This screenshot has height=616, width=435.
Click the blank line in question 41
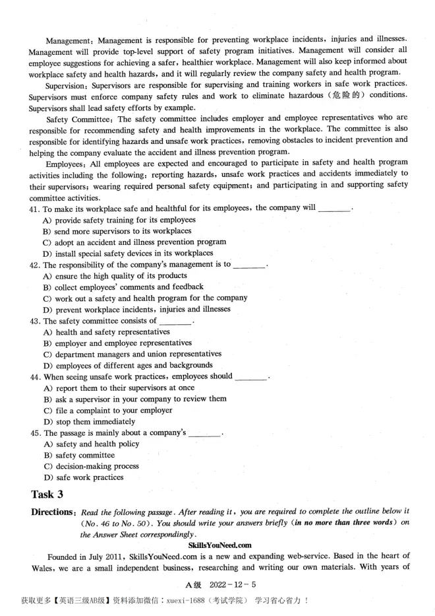coord(335,209)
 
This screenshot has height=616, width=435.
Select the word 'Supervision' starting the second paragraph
coord(67,85)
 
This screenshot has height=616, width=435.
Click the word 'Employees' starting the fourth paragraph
coord(65,162)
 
